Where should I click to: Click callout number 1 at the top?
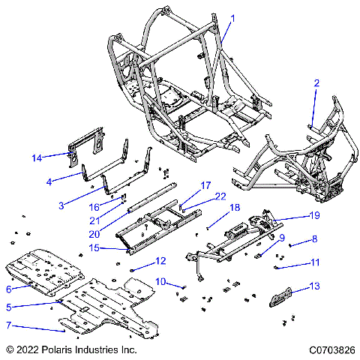[x=232, y=18]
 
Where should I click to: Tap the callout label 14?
[x=37, y=157]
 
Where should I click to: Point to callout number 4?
[x=49, y=181]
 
